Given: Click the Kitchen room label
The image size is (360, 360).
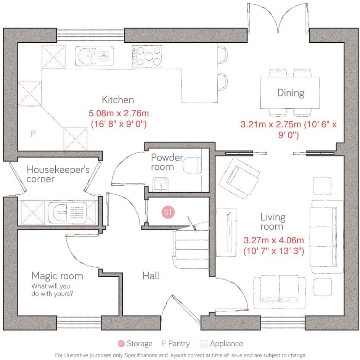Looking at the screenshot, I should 118,100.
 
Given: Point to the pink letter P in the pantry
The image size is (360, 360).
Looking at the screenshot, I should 33,134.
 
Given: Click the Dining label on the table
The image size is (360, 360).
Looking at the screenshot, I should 291,93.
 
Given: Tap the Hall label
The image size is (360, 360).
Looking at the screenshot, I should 151,275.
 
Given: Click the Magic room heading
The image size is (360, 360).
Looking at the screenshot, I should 57,275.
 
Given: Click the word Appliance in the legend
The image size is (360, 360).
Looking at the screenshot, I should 226,343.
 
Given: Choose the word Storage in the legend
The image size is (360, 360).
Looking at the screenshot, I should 139,343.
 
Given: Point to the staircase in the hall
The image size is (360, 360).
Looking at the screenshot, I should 190,248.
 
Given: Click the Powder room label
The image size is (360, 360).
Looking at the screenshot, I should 167,162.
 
